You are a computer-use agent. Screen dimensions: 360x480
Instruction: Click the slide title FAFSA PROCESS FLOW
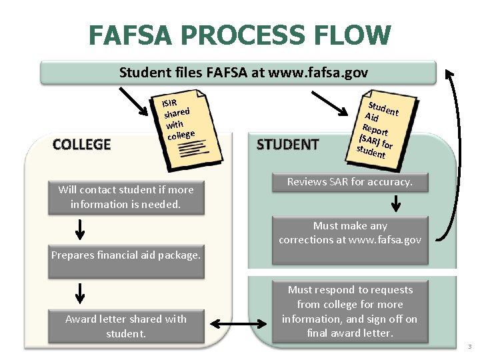(239, 35)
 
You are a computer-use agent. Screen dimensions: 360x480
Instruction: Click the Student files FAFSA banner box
(238, 72)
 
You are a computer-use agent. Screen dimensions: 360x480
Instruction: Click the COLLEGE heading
(81, 144)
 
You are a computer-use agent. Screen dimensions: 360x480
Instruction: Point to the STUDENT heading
(287, 144)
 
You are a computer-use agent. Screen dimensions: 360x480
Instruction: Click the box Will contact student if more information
(125, 197)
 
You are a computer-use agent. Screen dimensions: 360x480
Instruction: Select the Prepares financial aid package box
(126, 255)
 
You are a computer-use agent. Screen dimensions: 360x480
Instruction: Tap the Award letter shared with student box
(125, 326)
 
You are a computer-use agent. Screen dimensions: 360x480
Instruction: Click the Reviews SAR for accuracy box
(349, 182)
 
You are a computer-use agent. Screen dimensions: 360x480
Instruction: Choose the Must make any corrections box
(350, 233)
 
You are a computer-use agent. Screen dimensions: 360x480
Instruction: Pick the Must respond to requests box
(349, 311)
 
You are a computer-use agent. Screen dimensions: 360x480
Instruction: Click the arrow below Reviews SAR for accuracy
(395, 202)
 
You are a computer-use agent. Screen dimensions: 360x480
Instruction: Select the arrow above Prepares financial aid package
(79, 229)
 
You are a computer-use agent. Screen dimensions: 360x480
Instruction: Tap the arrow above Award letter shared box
(79, 293)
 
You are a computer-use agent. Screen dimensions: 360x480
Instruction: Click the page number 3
(469, 347)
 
